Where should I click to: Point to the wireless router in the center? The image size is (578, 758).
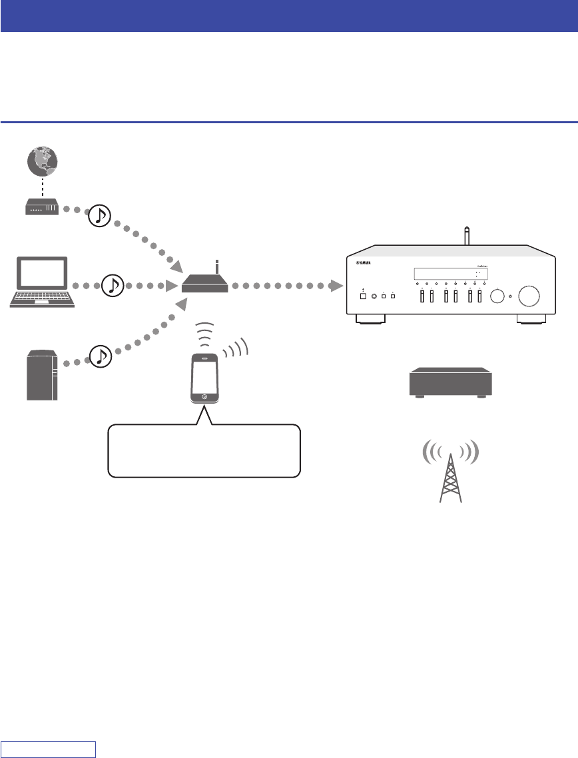tap(205, 285)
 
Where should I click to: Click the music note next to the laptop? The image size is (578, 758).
tap(113, 286)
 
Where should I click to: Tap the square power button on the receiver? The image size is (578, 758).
tap(363, 295)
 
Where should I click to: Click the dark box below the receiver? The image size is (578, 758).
tap(450, 384)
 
